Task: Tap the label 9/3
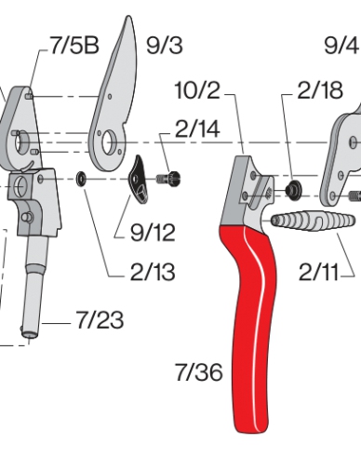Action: coord(166,44)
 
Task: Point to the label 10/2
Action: coord(197,90)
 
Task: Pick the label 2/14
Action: coord(196,130)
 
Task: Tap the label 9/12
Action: coord(151,229)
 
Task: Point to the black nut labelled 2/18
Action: coord(291,190)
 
